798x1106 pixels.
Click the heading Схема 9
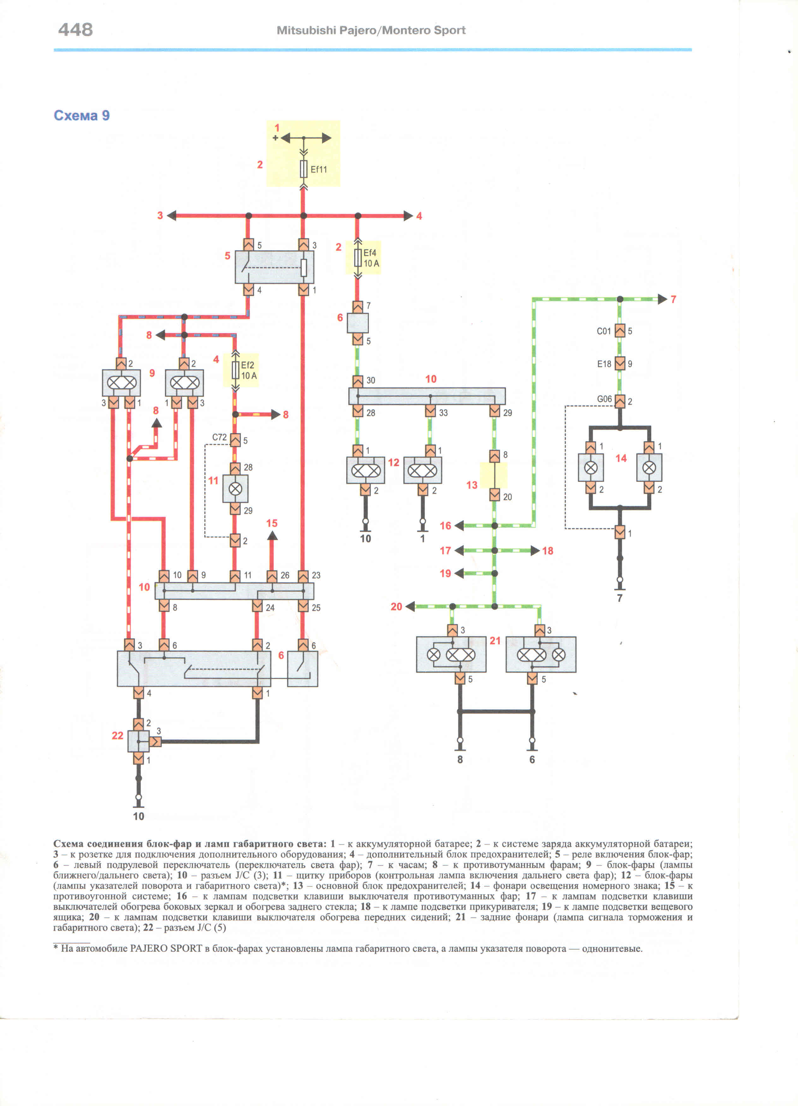(x=81, y=116)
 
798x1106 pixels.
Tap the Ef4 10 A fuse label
(x=371, y=258)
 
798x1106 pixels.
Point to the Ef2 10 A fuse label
(x=249, y=370)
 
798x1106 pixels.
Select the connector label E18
(x=604, y=364)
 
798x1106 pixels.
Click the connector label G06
(x=604, y=399)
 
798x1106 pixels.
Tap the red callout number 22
(x=117, y=735)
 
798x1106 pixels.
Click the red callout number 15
(x=272, y=523)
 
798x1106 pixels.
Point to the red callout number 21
(x=495, y=641)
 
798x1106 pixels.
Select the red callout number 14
(x=621, y=458)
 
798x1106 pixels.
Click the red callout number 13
(x=472, y=485)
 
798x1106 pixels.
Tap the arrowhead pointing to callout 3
(x=171, y=216)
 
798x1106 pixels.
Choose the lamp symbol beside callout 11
(x=235, y=489)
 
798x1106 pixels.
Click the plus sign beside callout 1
(x=276, y=138)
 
